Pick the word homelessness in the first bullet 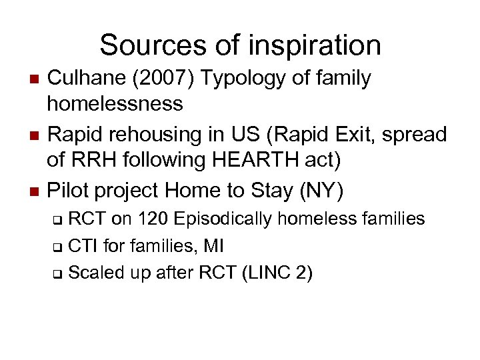pyautogui.click(x=115, y=103)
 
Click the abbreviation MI pyautogui.click(x=213, y=245)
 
